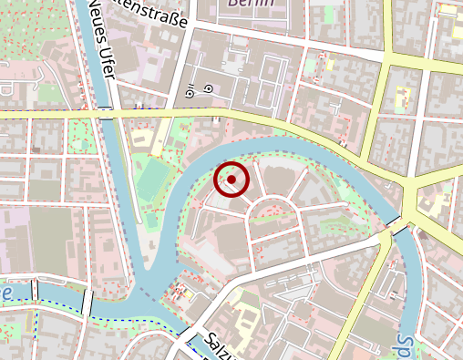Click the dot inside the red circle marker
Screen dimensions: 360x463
tap(231, 180)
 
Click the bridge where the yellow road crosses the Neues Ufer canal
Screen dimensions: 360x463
tap(108, 113)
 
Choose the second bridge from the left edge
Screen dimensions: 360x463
tap(87, 298)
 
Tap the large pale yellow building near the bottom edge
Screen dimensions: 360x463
tap(245, 319)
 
